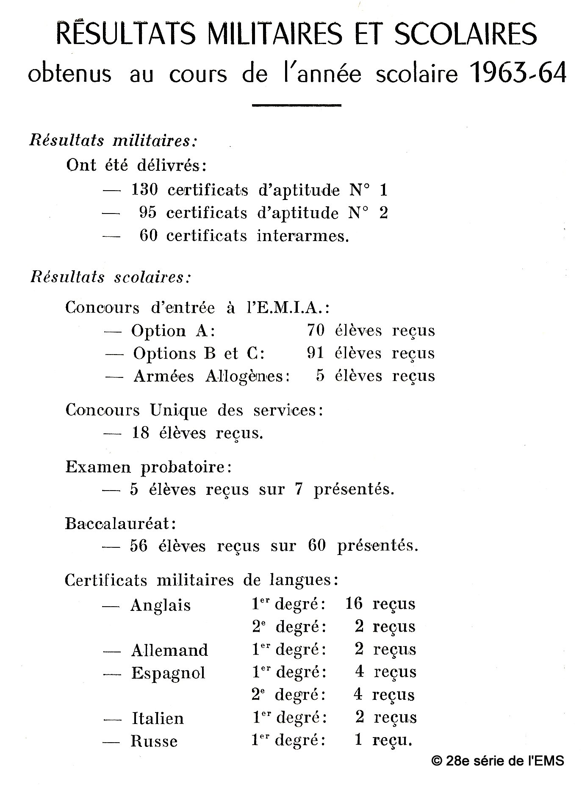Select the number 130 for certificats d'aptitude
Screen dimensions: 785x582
144,189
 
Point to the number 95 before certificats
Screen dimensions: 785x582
147,212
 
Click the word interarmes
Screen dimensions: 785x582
302,236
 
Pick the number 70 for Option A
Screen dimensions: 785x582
316,330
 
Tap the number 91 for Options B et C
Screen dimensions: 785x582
315,353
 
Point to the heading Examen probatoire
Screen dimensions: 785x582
149,467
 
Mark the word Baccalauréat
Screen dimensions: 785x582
120,524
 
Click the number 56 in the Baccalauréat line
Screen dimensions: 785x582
139,546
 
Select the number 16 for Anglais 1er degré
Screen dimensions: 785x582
354,603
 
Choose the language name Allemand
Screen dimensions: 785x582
169,650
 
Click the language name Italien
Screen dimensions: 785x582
158,718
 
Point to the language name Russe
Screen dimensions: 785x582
154,741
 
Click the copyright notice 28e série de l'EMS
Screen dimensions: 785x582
498,761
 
